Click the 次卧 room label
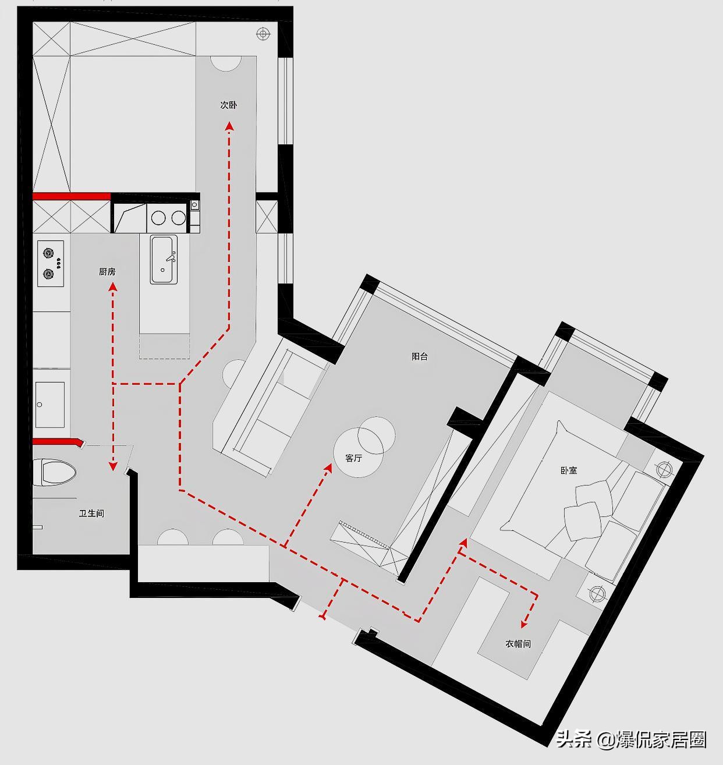(x=228, y=105)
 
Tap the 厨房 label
(x=107, y=272)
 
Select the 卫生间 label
(x=92, y=513)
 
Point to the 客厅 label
(x=354, y=458)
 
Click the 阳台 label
(x=420, y=356)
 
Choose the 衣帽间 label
(x=518, y=643)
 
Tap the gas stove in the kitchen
(x=51, y=263)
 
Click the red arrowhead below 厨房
(x=113, y=287)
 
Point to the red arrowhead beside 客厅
(x=328, y=467)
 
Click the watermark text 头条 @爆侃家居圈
(x=631, y=740)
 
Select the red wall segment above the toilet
(x=58, y=441)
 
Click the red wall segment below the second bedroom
(x=72, y=196)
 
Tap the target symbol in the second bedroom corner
(x=264, y=34)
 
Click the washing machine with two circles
(x=168, y=218)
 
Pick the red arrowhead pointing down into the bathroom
(x=113, y=466)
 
